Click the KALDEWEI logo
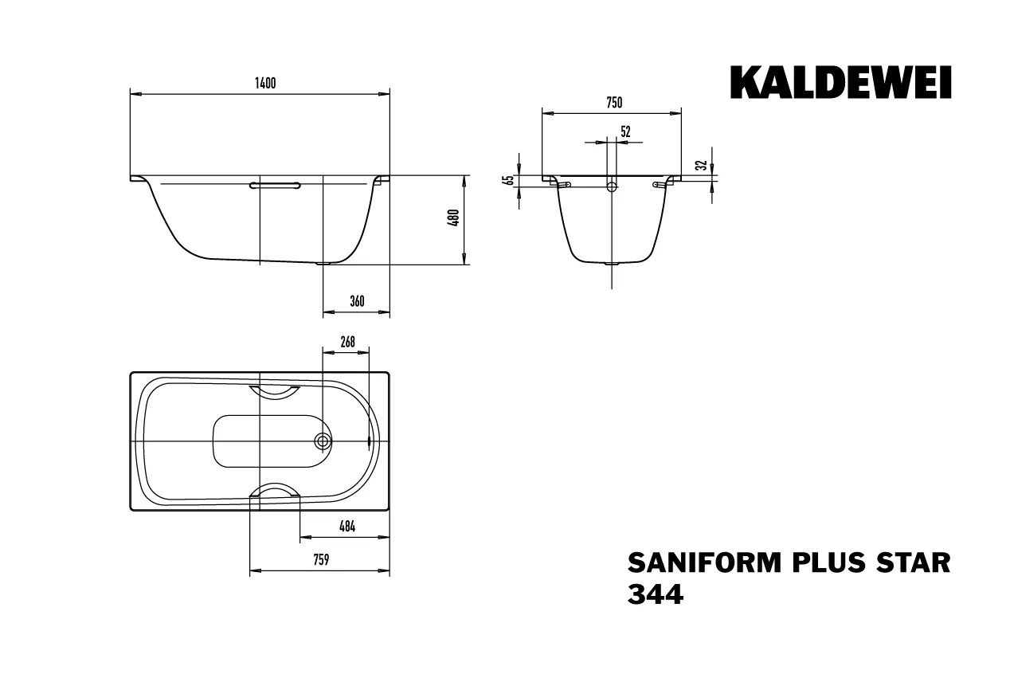coord(840,83)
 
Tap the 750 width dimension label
coord(613,102)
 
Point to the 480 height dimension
coord(453,218)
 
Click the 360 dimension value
coord(356,301)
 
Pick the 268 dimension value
coord(347,343)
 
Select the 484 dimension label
coord(346,526)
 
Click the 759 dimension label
coord(320,560)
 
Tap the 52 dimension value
coord(625,132)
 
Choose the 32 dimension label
coord(701,166)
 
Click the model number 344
coord(655,595)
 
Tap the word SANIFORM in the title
coord(694,562)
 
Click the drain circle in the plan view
coord(323,441)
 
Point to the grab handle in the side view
coord(275,185)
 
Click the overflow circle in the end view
coord(612,186)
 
